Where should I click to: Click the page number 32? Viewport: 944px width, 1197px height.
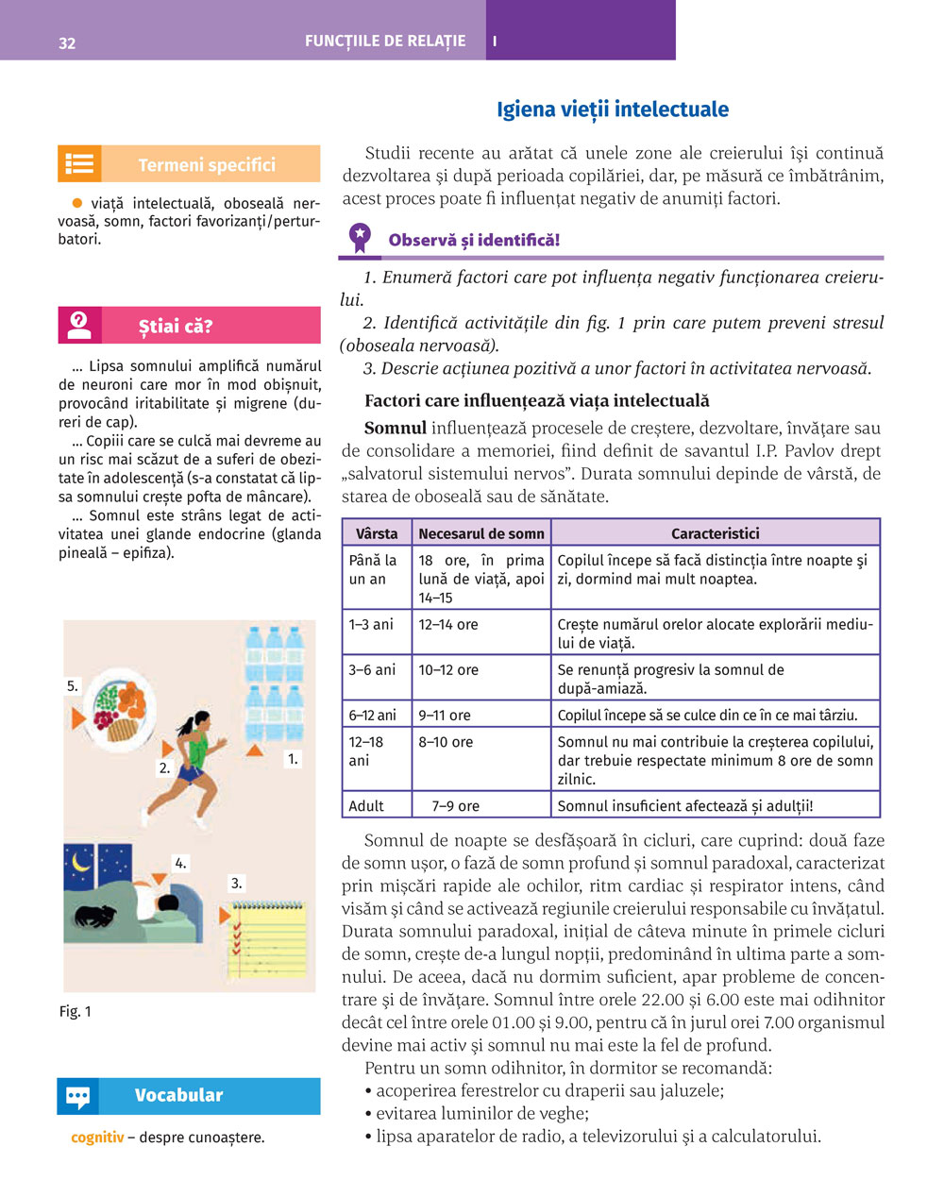click(67, 43)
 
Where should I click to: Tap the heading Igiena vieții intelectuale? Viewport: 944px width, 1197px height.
click(613, 110)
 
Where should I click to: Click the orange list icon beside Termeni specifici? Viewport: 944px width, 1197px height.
click(79, 164)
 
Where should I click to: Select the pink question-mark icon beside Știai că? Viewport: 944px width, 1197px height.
click(79, 326)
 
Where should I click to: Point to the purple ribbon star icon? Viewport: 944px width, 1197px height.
click(360, 237)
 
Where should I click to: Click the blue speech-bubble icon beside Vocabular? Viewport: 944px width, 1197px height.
click(78, 1096)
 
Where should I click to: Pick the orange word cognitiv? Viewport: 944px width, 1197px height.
click(97, 1138)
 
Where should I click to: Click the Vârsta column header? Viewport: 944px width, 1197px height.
click(377, 533)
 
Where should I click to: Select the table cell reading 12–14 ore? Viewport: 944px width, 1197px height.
click(448, 625)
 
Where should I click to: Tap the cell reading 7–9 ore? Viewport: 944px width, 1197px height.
click(456, 806)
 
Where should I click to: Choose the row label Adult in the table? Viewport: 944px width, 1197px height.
click(366, 806)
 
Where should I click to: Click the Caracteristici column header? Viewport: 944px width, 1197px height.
click(715, 533)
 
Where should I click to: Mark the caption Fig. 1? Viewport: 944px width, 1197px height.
click(76, 1011)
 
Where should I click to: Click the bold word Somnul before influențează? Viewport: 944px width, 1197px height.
click(396, 429)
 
